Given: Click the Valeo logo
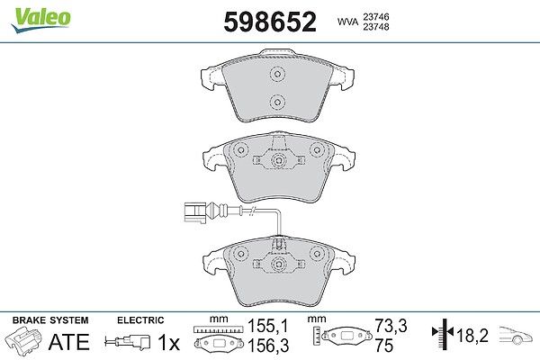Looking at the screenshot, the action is point(41,20).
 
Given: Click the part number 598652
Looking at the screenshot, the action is point(270,22).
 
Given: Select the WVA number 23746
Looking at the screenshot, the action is point(376,16).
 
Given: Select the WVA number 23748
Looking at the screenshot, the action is point(376,27).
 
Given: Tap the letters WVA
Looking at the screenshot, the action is point(347,22).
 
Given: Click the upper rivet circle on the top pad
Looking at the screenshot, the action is point(277,74).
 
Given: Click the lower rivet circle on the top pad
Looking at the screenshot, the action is point(277,102).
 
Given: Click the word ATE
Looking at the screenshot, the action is point(69,341).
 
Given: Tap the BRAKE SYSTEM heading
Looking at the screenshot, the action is point(50,320).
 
